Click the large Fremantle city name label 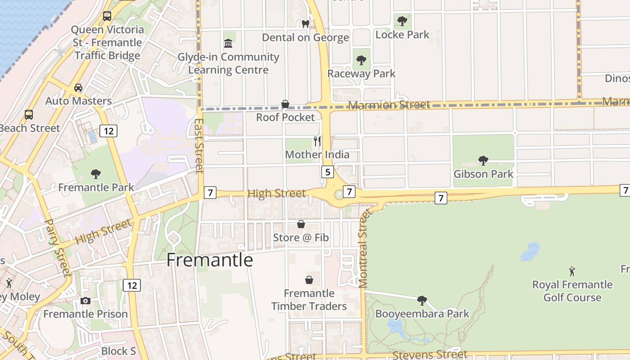[x=210, y=260]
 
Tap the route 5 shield [x=327, y=171]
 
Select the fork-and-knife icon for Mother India [x=317, y=141]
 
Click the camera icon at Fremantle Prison [x=85, y=301]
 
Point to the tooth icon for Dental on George [x=306, y=24]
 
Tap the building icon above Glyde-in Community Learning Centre [x=228, y=44]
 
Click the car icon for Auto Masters [x=78, y=87]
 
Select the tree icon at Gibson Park [x=483, y=160]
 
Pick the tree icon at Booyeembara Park [x=422, y=300]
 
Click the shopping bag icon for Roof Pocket [x=285, y=104]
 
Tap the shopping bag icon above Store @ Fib [x=301, y=224]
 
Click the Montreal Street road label [x=364, y=248]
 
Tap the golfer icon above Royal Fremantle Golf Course [x=572, y=271]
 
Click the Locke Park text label [x=402, y=35]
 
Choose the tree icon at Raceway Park [x=361, y=60]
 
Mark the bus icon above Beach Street [x=29, y=114]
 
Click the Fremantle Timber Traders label [x=309, y=300]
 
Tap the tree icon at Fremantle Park [x=95, y=174]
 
